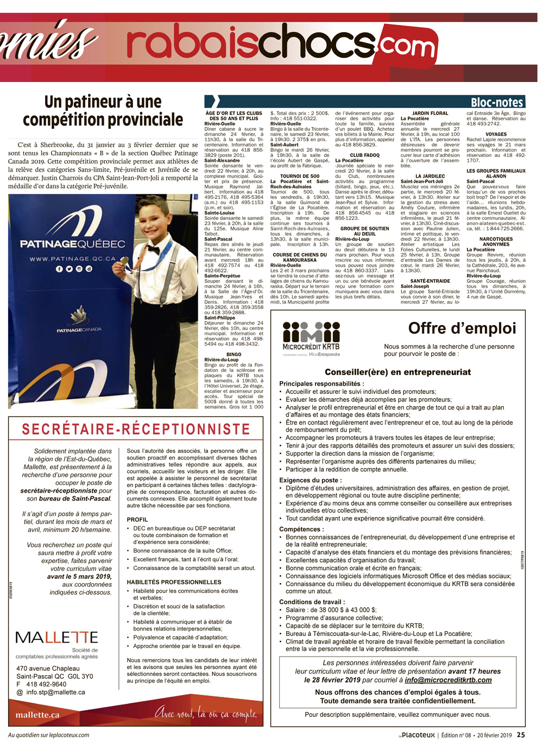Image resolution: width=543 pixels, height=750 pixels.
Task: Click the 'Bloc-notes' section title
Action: [496, 102]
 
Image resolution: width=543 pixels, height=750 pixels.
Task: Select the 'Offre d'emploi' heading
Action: [462, 329]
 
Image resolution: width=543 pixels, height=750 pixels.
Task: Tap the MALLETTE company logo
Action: [56, 638]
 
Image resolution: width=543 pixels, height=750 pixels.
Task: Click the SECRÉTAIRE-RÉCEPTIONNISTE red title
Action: [136, 429]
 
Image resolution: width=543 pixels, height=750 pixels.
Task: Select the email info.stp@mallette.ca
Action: [55, 692]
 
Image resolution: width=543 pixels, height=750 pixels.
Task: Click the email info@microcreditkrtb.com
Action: [448, 680]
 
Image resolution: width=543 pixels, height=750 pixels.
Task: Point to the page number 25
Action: [521, 735]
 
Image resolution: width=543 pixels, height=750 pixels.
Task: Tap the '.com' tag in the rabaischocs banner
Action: [415, 46]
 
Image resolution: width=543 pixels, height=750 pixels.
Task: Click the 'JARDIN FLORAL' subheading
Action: [430, 114]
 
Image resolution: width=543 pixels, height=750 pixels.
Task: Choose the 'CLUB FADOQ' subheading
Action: [364, 155]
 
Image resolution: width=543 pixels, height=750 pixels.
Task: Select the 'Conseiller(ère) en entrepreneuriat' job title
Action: [397, 372]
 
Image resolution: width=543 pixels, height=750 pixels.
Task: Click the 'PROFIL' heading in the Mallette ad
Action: [137, 520]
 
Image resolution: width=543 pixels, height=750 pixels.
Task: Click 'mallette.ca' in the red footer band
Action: [37, 715]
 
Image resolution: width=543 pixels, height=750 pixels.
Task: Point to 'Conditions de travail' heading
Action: [312, 602]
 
